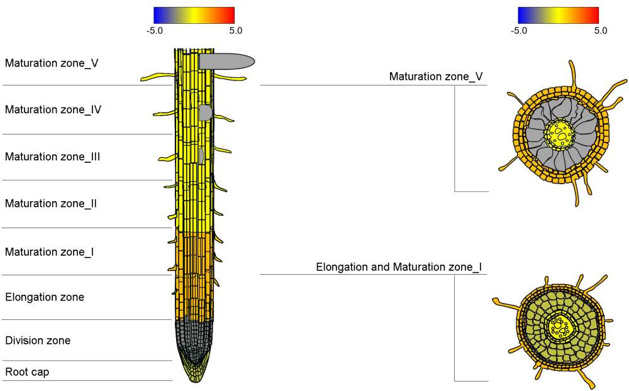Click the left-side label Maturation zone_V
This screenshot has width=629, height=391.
(x=52, y=63)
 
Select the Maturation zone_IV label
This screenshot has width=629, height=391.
(x=53, y=109)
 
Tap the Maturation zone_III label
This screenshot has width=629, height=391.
(x=53, y=157)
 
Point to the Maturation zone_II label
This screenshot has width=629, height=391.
(x=51, y=204)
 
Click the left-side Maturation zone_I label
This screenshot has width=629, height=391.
(x=50, y=252)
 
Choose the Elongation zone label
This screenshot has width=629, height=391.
(x=45, y=297)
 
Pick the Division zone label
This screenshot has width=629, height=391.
(x=38, y=341)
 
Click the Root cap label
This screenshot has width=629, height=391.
(x=27, y=372)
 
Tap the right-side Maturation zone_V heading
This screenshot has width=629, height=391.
(x=436, y=77)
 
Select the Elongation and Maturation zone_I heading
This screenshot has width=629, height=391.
(x=399, y=267)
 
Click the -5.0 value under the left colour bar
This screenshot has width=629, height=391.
(x=155, y=30)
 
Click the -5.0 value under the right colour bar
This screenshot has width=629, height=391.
(x=519, y=30)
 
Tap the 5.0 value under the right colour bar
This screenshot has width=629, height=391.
(x=600, y=30)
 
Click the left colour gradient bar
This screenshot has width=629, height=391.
(x=194, y=15)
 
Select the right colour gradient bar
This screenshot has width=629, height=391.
(x=558, y=15)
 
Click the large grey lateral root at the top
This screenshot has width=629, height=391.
(x=226, y=61)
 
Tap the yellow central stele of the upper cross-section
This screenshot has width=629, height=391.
(x=559, y=133)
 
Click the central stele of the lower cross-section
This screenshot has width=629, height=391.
(x=558, y=326)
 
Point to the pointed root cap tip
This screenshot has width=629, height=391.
(x=194, y=375)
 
